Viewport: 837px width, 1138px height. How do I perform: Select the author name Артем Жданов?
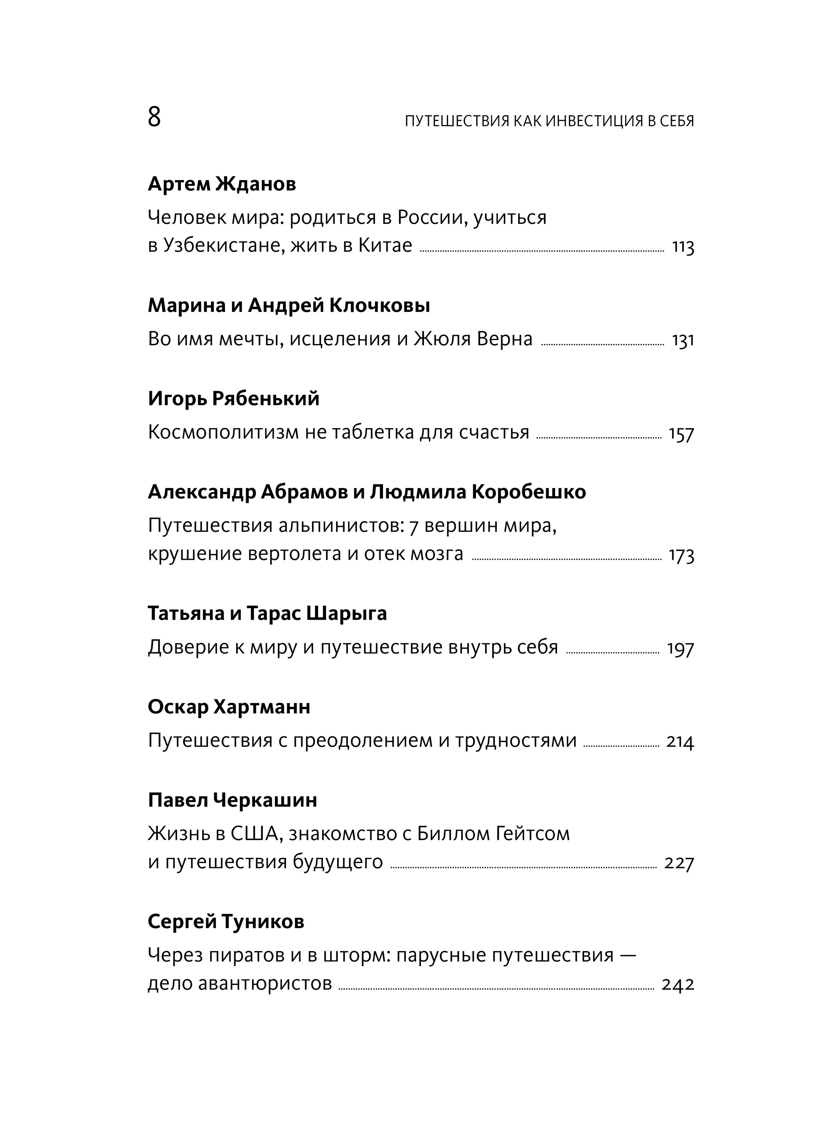(222, 184)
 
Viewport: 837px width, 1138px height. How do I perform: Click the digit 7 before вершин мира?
(413, 526)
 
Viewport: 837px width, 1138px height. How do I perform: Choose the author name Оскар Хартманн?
(229, 707)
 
